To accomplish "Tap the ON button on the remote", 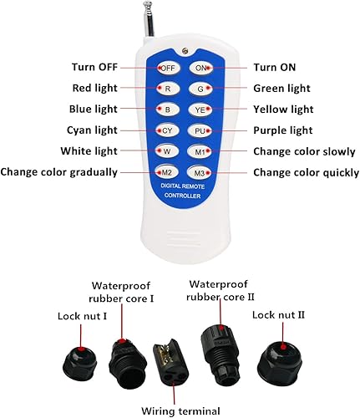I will [x=200, y=67].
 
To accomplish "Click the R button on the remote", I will [x=168, y=88].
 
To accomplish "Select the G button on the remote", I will [x=201, y=88].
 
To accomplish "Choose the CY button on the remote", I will [x=167, y=130].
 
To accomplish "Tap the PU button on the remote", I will [x=201, y=130].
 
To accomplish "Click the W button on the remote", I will [x=167, y=151].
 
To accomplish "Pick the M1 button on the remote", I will [x=201, y=151].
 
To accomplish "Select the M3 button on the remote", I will [x=201, y=172].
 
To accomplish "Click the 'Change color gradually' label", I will [x=59, y=172].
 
